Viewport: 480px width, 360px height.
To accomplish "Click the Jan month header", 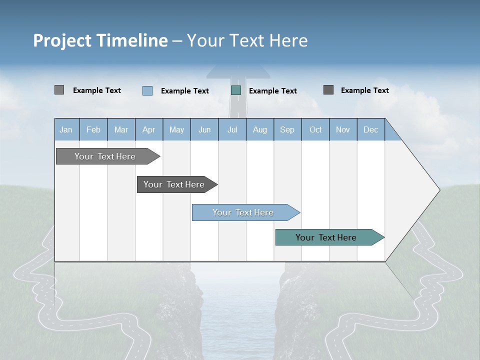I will [x=66, y=129].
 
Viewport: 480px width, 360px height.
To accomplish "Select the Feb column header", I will [x=93, y=129].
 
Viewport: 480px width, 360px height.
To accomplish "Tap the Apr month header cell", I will [x=148, y=129].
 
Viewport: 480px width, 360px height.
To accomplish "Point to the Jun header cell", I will [x=204, y=129].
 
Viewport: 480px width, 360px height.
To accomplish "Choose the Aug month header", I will [x=259, y=129].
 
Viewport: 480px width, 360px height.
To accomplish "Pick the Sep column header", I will [x=287, y=129].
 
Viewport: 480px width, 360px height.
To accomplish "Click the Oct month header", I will [x=315, y=129].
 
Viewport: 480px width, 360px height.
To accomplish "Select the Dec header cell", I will [x=370, y=129].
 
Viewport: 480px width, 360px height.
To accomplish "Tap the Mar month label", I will [x=121, y=129].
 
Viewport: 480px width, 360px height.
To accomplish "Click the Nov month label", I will [x=343, y=129].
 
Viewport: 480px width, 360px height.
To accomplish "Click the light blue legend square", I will [x=147, y=90].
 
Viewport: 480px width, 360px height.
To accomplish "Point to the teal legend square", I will [x=236, y=90].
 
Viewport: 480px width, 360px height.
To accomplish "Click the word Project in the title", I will [x=62, y=40].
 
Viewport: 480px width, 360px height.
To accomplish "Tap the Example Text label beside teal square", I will [x=272, y=91].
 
